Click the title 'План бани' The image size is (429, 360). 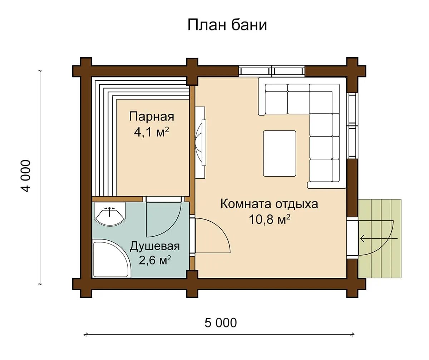227,25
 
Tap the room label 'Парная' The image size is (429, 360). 152,117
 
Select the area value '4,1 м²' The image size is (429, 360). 152,132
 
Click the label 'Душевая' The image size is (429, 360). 155,246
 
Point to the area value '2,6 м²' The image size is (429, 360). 155,261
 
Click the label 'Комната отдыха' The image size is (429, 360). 269,204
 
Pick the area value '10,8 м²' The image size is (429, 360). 270,219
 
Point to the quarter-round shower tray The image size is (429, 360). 111,259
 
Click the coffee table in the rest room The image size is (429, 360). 280,153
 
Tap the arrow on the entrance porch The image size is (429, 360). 379,238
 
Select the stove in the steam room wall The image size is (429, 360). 200,143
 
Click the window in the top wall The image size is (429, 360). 272,71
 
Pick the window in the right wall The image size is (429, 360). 352,125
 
